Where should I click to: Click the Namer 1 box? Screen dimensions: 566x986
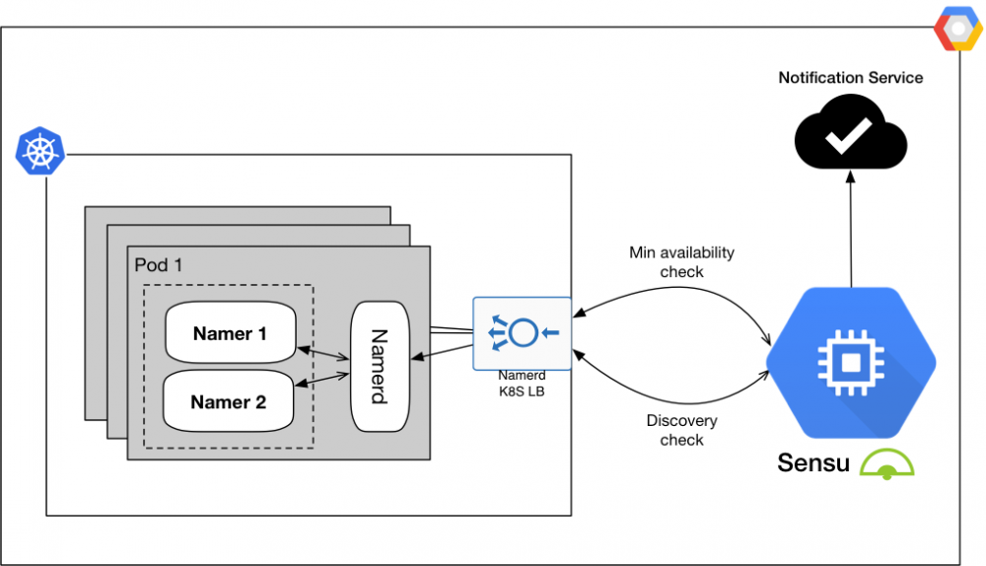(230, 334)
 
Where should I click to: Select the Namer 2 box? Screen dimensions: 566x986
(229, 402)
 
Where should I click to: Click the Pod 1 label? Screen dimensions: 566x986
(158, 265)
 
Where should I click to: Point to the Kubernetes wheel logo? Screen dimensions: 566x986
(39, 151)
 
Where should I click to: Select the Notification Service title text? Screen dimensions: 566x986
(851, 78)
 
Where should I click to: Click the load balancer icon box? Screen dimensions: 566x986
(522, 332)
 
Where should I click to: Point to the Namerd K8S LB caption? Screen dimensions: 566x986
(522, 383)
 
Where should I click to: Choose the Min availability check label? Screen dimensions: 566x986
(681, 262)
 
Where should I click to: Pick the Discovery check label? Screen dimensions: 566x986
(681, 431)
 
